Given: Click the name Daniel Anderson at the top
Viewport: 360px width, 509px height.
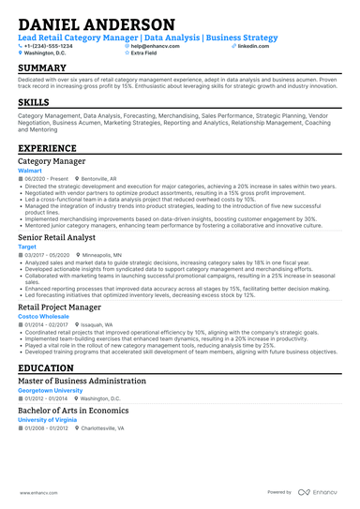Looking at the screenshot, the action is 96,23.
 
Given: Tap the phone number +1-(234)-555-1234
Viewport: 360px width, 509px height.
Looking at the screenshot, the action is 48,46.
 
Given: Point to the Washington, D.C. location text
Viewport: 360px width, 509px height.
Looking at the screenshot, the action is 46,53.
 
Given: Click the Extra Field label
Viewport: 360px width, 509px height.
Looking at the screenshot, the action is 143,53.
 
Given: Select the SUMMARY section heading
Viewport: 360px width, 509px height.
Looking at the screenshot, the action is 42,68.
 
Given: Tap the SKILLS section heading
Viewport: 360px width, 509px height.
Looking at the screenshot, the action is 34,101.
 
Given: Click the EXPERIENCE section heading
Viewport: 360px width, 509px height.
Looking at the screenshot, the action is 48,148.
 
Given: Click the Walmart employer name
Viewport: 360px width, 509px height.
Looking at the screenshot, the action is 31,172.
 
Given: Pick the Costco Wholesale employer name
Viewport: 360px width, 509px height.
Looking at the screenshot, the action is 43,317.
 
